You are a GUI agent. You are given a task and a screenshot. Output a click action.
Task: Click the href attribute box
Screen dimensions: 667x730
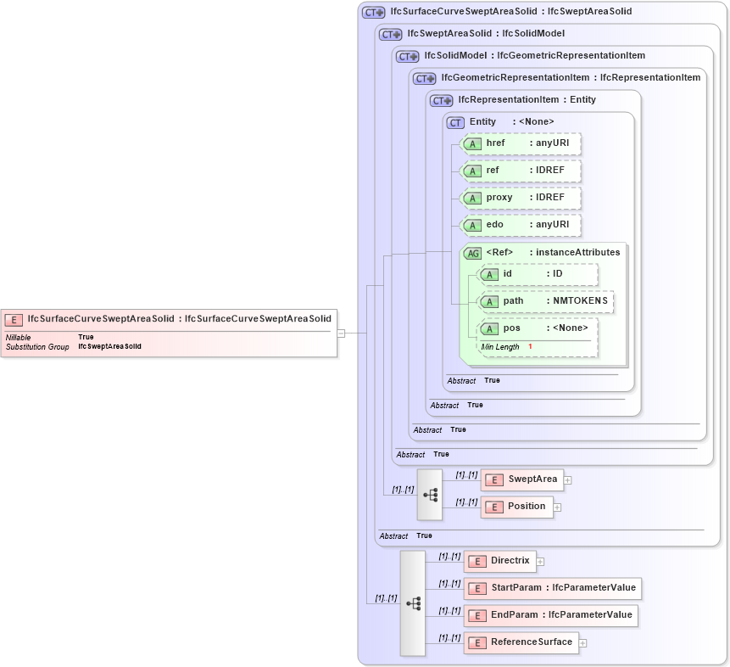tap(520, 143)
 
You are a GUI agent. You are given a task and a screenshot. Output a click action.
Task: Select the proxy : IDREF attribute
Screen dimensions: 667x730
tap(520, 198)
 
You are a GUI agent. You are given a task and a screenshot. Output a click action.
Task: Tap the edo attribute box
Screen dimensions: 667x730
tap(520, 225)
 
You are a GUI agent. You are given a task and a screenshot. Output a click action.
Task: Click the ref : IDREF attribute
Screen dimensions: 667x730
tap(520, 171)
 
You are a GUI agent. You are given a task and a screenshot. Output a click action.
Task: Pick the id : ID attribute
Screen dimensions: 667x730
tap(538, 274)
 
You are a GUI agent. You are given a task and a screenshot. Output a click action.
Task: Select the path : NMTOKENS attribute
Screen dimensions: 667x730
tap(546, 301)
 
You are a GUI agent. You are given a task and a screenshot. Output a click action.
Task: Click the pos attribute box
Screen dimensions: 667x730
tap(538, 328)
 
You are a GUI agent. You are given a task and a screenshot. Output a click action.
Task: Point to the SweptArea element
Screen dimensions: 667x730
tap(522, 479)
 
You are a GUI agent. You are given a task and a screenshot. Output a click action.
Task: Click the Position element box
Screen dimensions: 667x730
tap(516, 507)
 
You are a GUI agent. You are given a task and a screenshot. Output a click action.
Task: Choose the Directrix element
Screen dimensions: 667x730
tap(499, 561)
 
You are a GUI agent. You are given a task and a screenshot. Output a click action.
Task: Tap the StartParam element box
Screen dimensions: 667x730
tap(551, 588)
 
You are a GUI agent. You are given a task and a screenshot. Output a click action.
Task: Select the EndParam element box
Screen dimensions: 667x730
tap(549, 615)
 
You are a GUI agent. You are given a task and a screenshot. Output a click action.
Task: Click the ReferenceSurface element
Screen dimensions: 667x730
tap(521, 642)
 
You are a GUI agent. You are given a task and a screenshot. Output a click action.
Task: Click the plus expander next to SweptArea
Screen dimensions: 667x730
tap(568, 480)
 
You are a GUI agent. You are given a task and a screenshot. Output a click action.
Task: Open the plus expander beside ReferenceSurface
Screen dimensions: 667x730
tap(583, 643)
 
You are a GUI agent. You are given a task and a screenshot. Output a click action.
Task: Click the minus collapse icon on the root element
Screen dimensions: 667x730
tap(341, 333)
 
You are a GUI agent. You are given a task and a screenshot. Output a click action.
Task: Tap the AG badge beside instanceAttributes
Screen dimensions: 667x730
tap(472, 253)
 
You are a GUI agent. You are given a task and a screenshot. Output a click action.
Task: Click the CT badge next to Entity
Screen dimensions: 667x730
tap(455, 122)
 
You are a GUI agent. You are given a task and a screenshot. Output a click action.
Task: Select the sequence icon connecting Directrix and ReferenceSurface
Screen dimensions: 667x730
tap(413, 603)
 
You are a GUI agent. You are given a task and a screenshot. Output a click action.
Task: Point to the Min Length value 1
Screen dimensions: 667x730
tap(530, 346)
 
